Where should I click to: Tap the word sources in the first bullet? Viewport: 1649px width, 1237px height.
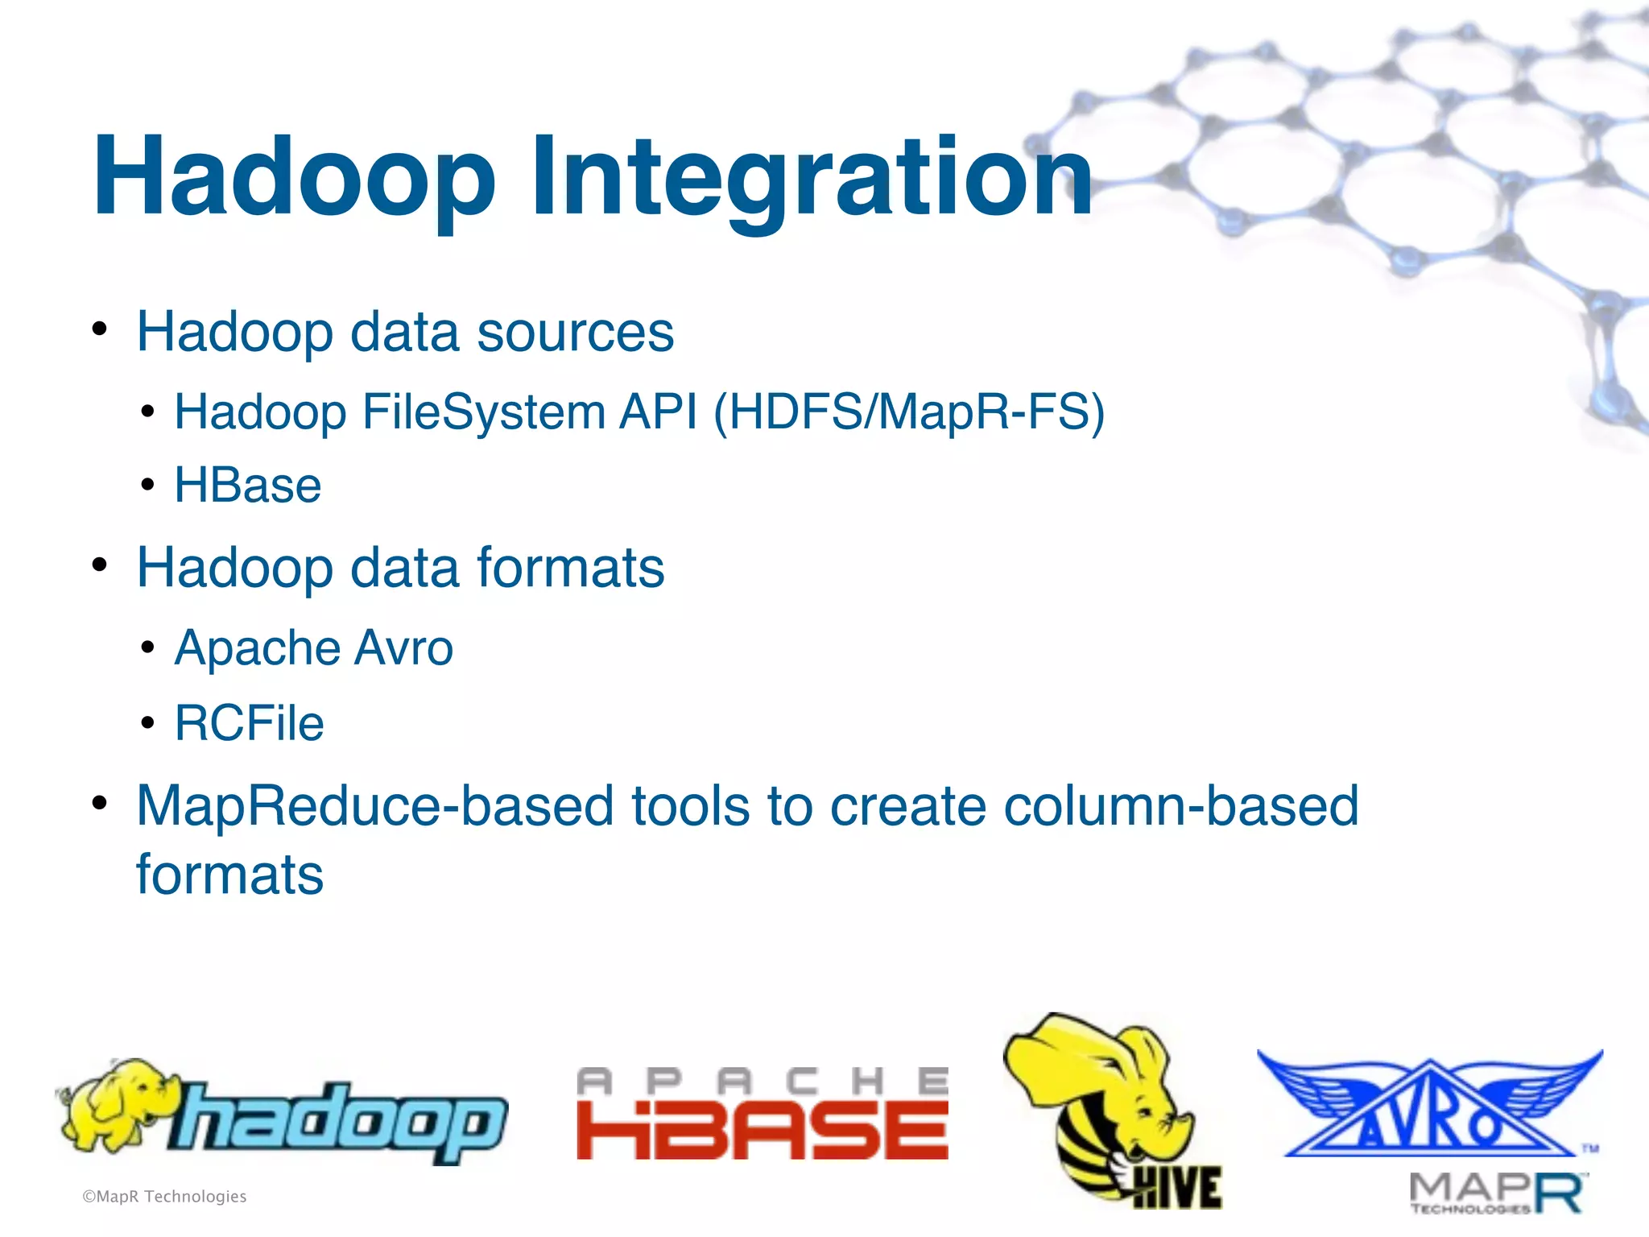(x=575, y=332)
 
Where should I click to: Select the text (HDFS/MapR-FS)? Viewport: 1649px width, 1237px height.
(x=909, y=412)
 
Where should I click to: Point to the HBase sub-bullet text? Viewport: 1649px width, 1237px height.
(x=248, y=486)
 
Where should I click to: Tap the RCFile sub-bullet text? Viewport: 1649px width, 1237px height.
(x=249, y=723)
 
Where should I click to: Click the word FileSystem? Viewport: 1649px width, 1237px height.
(x=483, y=412)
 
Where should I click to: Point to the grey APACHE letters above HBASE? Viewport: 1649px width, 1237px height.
(x=762, y=1081)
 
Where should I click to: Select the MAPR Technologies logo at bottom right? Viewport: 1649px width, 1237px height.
(x=1496, y=1193)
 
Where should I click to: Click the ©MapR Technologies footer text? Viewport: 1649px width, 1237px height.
(x=164, y=1197)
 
